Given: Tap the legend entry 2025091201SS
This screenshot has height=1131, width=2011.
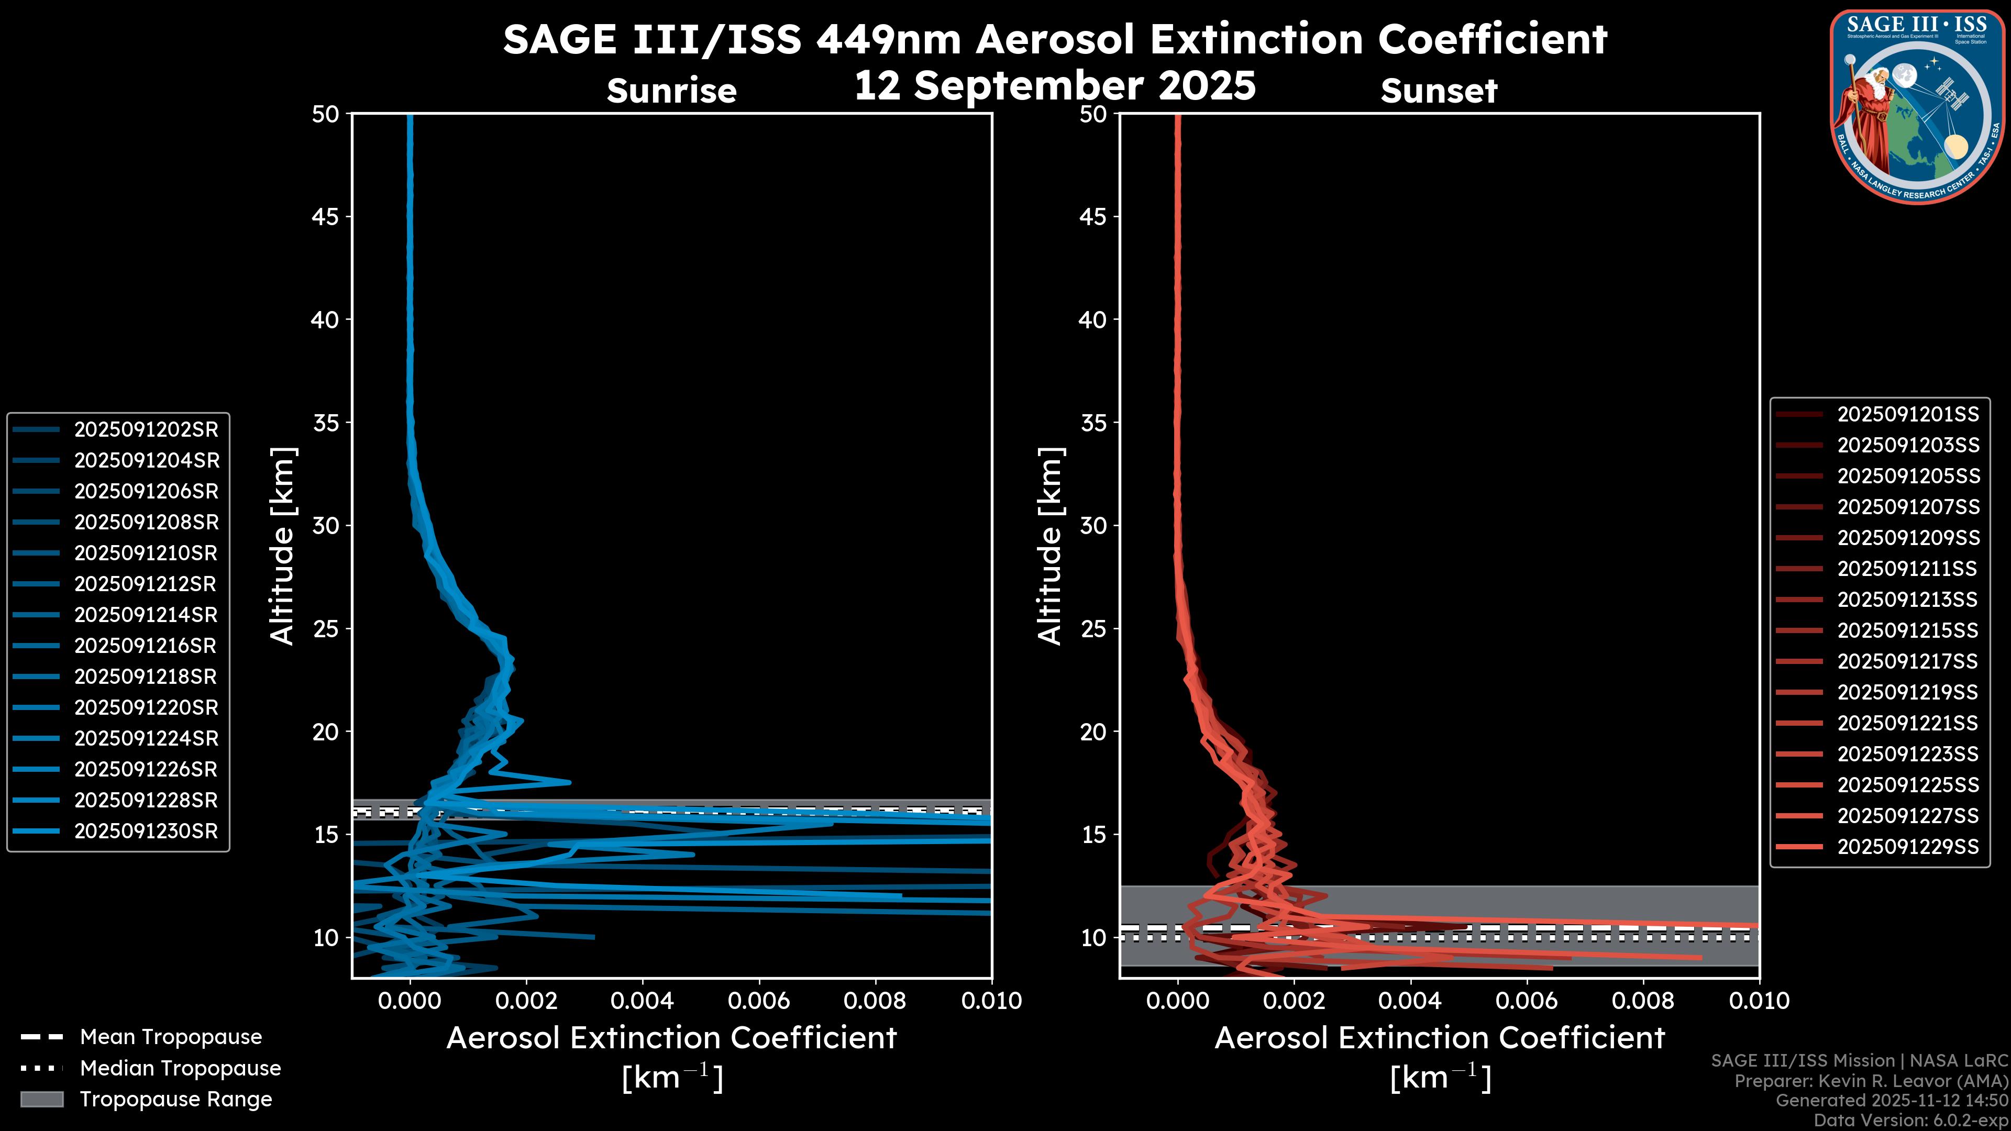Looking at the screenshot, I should (x=1908, y=415).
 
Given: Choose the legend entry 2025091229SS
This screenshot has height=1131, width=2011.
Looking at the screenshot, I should (x=1908, y=847).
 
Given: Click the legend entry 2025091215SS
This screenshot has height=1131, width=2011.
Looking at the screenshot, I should (x=1908, y=630).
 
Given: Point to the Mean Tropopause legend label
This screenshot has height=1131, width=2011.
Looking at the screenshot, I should (x=171, y=1037).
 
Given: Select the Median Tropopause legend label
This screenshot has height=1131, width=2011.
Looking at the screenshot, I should (x=180, y=1068).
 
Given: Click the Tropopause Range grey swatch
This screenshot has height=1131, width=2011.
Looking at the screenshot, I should (x=41, y=1099).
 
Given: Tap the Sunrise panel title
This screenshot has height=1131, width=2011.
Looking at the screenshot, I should (x=671, y=91).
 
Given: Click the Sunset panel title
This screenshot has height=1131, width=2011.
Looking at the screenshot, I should (x=1439, y=91).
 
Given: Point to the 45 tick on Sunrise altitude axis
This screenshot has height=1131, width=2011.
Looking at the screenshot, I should (x=326, y=216).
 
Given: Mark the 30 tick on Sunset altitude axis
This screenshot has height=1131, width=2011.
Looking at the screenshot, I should (x=1093, y=525).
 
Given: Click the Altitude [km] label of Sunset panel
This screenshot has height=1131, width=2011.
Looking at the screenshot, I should (x=1050, y=546).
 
